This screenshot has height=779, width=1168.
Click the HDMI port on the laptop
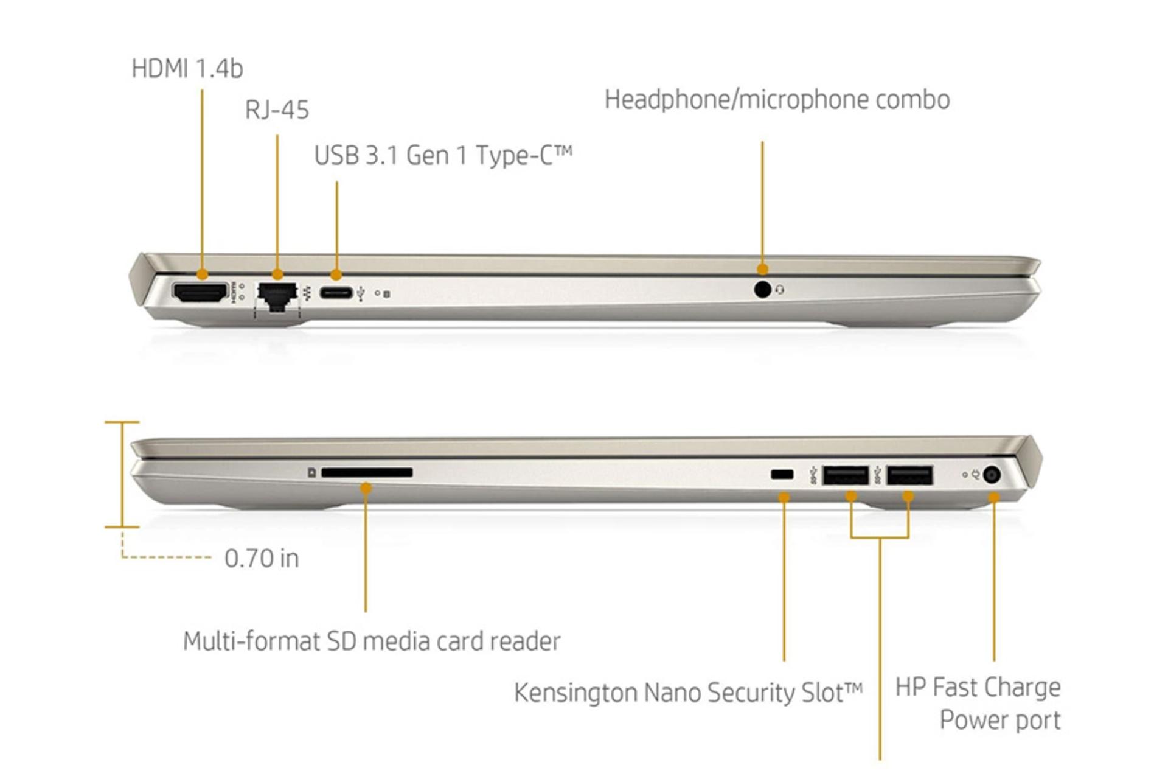(x=200, y=293)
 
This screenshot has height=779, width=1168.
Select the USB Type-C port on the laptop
(x=336, y=293)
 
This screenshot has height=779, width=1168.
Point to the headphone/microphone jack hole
(x=762, y=290)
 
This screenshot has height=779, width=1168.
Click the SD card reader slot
(x=367, y=472)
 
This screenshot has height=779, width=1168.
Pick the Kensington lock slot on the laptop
(x=782, y=474)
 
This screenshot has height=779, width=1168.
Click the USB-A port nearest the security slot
(x=845, y=475)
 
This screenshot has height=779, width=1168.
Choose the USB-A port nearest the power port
(x=909, y=475)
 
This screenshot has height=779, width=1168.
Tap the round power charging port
(x=992, y=475)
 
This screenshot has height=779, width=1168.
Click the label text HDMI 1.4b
(x=187, y=69)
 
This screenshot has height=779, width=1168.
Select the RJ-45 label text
(x=277, y=110)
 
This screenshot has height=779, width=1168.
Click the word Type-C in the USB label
(x=523, y=155)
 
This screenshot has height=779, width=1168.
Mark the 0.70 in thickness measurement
(x=262, y=558)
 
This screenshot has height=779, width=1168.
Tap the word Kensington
(x=575, y=693)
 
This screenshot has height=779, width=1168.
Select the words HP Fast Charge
(x=978, y=687)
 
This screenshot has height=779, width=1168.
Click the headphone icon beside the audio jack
(x=780, y=291)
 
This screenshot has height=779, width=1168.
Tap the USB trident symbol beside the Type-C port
(x=362, y=294)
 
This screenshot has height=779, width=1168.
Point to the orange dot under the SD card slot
(x=366, y=487)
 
